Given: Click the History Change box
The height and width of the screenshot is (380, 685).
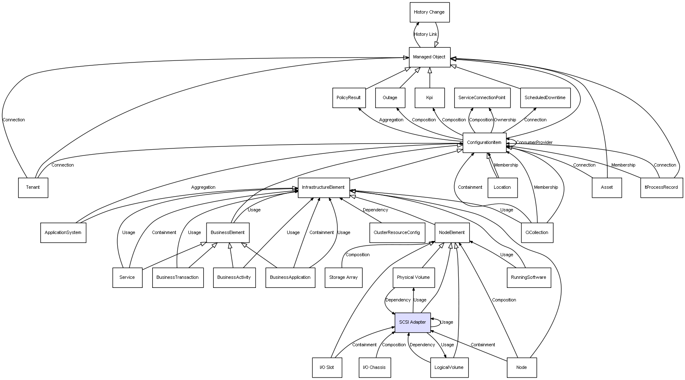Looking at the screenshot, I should pos(429,12).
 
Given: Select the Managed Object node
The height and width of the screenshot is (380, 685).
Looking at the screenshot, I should pos(429,57).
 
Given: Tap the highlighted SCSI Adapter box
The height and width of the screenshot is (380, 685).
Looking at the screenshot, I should pos(412,322).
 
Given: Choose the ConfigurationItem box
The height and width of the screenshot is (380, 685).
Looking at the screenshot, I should pos(484,143).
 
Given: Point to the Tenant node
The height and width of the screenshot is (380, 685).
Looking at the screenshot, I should pos(33,188).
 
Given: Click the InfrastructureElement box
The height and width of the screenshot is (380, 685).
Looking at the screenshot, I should pos(323,188).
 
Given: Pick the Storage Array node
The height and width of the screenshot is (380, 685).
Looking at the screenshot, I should pos(343,278).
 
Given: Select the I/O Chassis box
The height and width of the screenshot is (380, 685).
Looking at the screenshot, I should pos(374,367).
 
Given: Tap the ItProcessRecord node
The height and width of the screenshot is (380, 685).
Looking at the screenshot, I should pos(661,188).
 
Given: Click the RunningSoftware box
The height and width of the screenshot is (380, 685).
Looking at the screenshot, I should pos(528,278).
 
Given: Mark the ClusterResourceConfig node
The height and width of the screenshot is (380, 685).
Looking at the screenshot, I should pos(397,233).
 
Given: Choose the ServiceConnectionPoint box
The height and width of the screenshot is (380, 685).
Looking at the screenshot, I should pos(482,98).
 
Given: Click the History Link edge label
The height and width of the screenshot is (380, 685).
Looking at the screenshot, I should pos(425,35).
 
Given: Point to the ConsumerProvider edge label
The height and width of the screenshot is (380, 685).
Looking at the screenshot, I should pos(534,143).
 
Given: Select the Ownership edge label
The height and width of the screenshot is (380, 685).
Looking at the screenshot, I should pos(505,120).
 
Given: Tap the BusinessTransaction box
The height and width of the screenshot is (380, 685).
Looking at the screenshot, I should pos(177,278).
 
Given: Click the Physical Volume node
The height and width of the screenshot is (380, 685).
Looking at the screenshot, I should pos(413,278).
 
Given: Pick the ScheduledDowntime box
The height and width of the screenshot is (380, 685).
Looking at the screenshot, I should pos(545,98).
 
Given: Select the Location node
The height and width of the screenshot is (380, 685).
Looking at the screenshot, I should pos(502,188).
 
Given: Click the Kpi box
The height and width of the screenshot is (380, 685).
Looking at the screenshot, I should pos(430,98).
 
